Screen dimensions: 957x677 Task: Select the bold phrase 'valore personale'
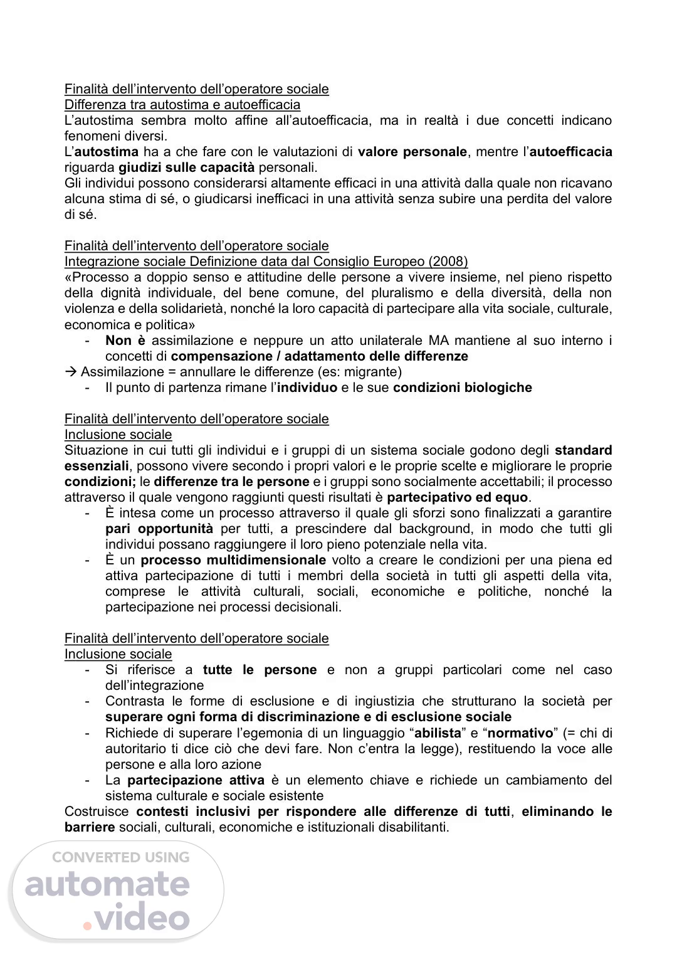(x=412, y=152)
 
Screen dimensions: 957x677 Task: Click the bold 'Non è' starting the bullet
(x=125, y=341)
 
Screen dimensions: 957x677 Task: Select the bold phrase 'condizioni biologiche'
(x=462, y=388)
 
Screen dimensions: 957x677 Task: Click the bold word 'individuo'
(x=307, y=388)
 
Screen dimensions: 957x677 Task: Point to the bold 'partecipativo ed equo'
(x=458, y=498)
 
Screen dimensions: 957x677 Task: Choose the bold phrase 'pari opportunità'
(x=159, y=529)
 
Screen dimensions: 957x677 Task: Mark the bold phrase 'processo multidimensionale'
(x=233, y=561)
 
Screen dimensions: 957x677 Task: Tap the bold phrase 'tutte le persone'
(x=260, y=670)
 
